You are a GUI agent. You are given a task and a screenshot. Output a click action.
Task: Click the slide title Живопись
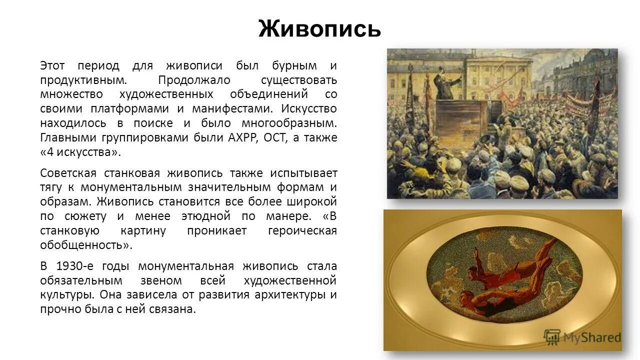(x=319, y=29)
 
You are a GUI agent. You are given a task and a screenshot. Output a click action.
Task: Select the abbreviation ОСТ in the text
(x=274, y=138)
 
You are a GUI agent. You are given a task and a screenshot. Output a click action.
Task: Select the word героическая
(x=302, y=230)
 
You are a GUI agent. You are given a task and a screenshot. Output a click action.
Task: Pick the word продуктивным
(x=83, y=80)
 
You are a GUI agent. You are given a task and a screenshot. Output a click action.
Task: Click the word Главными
(x=63, y=138)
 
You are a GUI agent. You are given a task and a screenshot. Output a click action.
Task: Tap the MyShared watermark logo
(x=582, y=338)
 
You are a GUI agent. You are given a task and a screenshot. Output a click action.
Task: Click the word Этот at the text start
(x=52, y=65)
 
